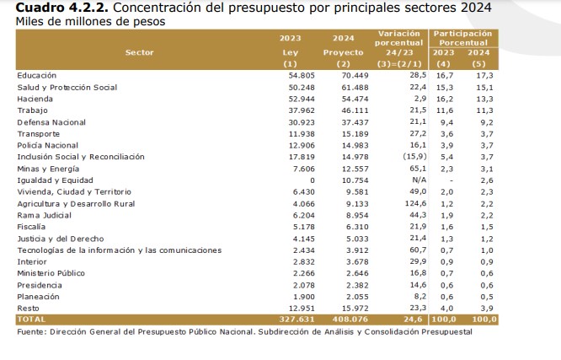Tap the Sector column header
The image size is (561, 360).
[x=139, y=51]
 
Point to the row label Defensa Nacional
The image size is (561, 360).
[x=51, y=122]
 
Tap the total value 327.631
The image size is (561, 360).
[x=296, y=320]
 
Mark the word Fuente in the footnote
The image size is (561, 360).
[x=32, y=331]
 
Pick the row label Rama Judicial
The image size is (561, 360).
[x=45, y=215]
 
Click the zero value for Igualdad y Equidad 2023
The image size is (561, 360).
[x=312, y=180]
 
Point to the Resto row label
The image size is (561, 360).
[x=28, y=309]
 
